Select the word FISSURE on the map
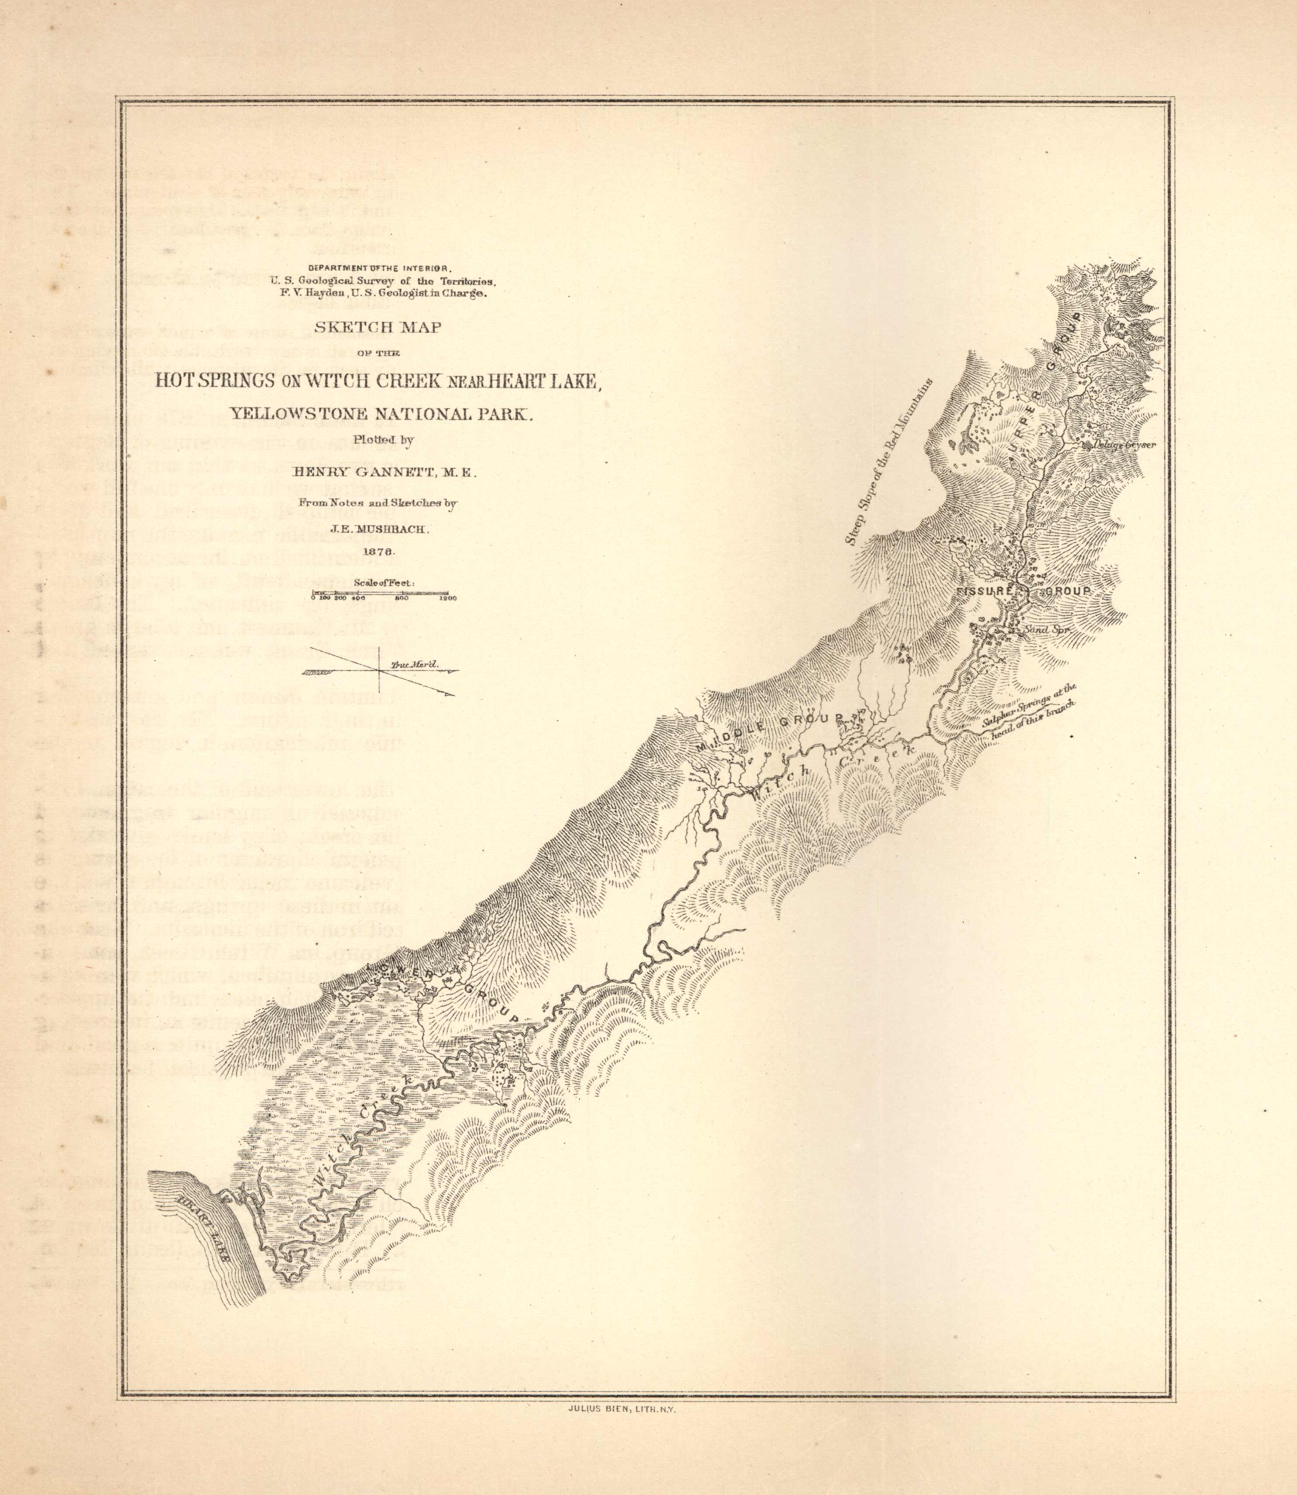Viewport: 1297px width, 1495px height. [x=982, y=592]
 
